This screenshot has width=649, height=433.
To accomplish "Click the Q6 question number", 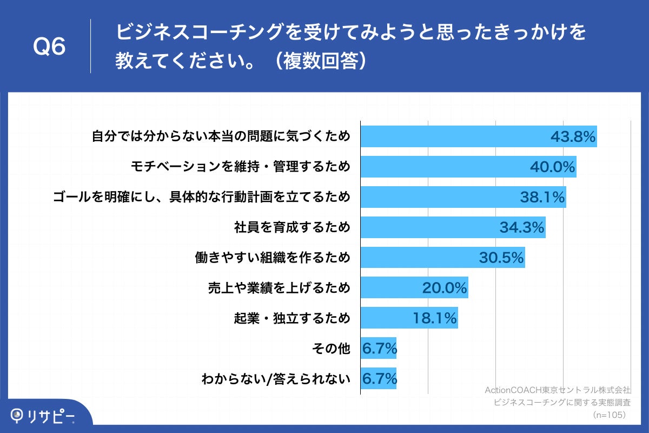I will (x=49, y=47).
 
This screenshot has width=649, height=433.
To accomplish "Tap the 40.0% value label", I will (x=552, y=167).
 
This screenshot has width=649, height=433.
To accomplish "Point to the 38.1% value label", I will (x=542, y=197).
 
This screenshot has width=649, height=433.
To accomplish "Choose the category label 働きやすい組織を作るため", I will (x=272, y=258).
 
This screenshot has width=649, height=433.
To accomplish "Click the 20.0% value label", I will (x=444, y=288).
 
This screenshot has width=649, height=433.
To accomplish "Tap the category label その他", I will (x=331, y=349).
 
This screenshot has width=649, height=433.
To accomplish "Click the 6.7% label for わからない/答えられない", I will (x=379, y=379).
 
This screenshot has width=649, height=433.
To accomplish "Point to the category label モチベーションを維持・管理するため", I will (x=241, y=167).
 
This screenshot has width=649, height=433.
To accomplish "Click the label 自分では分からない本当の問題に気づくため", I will (x=221, y=136).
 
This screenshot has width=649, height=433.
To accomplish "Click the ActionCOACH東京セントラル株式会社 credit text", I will (x=558, y=390).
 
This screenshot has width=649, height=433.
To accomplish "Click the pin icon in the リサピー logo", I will (x=18, y=415).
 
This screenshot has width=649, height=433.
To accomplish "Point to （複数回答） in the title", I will (x=319, y=61).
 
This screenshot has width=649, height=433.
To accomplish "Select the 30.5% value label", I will (x=501, y=258).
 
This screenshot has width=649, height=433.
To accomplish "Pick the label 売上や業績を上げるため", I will (x=280, y=288).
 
